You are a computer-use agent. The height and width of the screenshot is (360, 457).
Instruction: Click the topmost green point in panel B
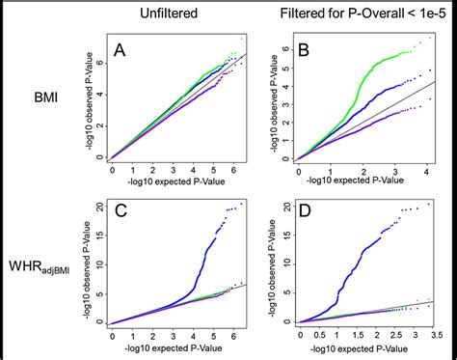point(430,39)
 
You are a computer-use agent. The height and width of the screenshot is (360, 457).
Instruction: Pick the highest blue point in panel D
point(430,204)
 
